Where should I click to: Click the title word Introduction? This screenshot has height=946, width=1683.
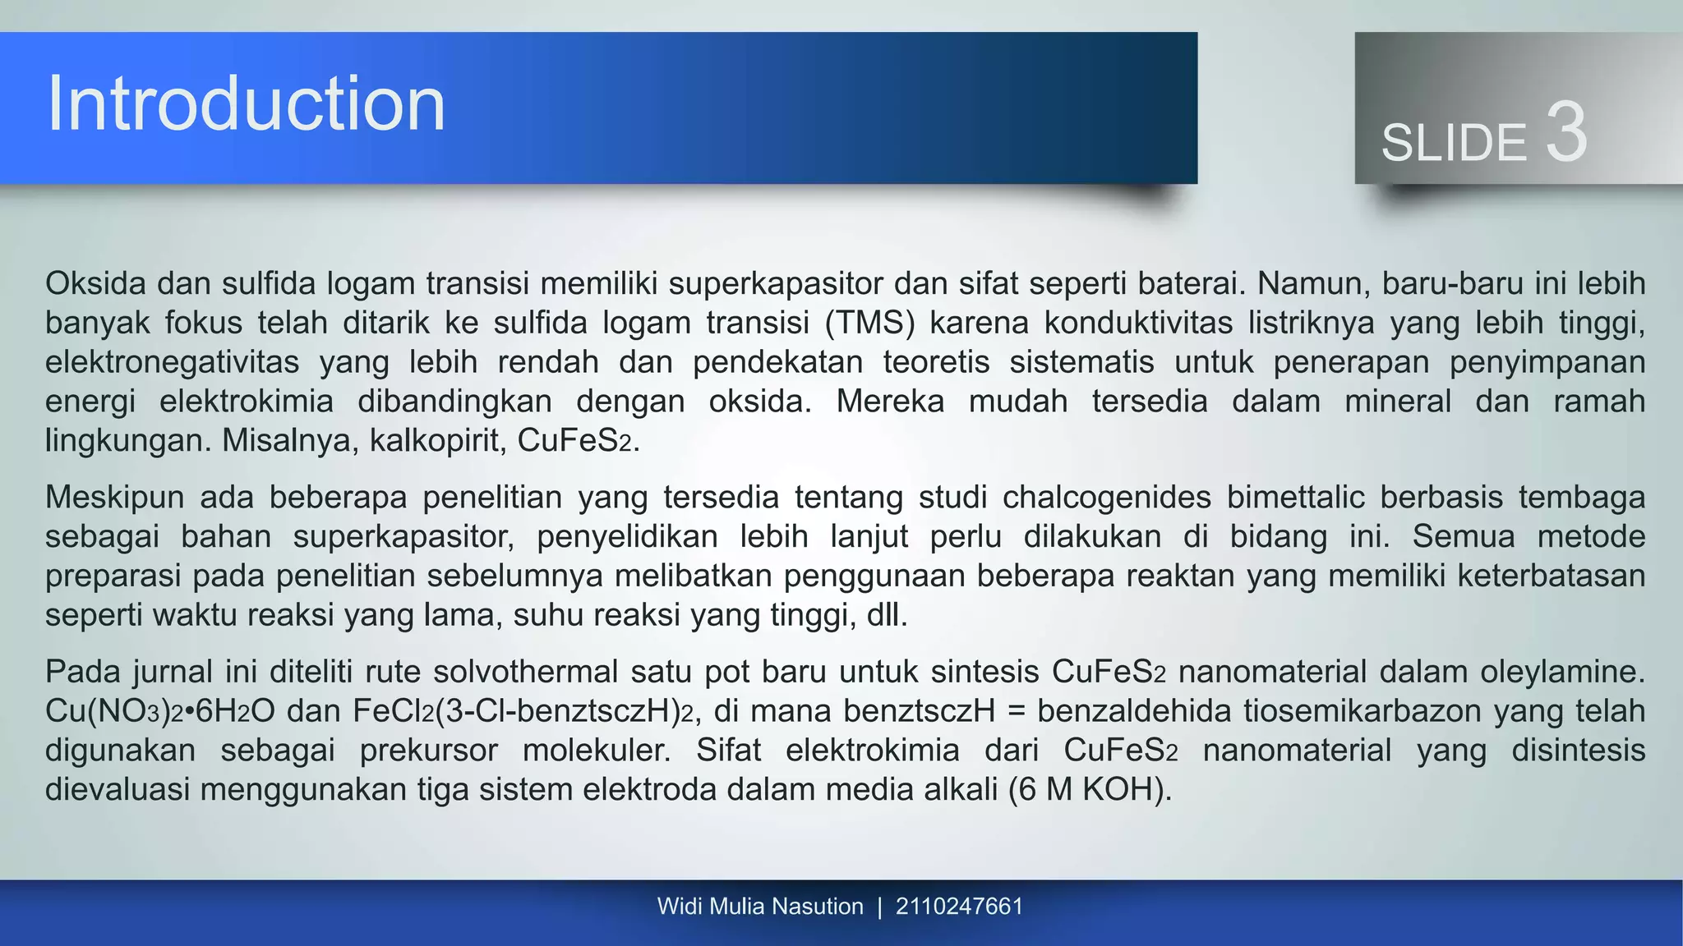pyautogui.click(x=246, y=104)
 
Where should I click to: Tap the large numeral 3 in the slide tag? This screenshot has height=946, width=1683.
pyautogui.click(x=1565, y=134)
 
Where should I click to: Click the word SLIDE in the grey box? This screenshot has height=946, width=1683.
pyautogui.click(x=1453, y=143)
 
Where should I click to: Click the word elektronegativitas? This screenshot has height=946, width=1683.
pyautogui.click(x=172, y=362)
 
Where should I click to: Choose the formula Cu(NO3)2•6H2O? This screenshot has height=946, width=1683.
pyautogui.click(x=159, y=711)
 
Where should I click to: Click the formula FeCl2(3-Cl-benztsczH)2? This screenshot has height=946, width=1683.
pyautogui.click(x=524, y=711)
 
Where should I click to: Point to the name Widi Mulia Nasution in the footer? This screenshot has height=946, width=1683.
pyautogui.click(x=760, y=907)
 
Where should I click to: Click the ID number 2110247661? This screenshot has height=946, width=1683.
pyautogui.click(x=959, y=907)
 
